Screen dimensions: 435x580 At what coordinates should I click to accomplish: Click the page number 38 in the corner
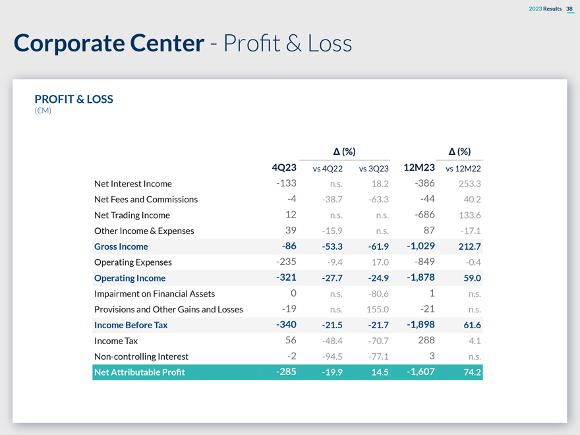(569, 9)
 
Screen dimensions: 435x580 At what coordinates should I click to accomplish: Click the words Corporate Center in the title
(109, 43)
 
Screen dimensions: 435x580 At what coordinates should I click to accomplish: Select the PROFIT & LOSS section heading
(74, 100)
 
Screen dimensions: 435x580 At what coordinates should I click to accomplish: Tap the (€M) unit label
(43, 111)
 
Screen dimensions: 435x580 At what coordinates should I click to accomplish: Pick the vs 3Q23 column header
(374, 169)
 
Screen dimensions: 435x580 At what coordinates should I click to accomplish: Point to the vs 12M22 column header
(463, 169)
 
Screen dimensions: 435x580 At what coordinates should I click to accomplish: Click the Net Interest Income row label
(133, 184)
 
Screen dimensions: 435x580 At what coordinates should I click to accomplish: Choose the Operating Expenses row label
(132, 262)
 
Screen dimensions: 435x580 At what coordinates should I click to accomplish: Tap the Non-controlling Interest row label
(141, 357)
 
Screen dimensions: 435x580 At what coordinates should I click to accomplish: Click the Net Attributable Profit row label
(140, 372)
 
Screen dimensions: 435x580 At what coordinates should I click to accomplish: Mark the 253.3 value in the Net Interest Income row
(469, 184)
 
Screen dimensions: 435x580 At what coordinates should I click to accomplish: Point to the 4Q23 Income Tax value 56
(290, 340)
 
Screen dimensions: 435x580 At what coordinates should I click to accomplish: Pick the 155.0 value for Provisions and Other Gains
(376, 309)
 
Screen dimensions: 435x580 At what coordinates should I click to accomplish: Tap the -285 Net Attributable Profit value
(286, 372)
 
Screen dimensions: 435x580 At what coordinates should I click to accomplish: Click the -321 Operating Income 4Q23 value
(286, 277)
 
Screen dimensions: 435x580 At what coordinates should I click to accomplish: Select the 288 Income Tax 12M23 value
(426, 340)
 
